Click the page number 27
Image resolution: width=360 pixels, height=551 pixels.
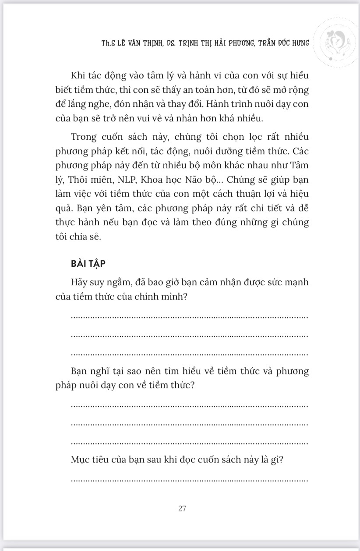(183, 509)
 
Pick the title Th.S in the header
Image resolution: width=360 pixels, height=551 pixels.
(108, 43)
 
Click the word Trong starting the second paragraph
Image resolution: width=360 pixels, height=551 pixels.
(84, 137)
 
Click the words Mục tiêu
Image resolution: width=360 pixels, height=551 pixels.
(91, 460)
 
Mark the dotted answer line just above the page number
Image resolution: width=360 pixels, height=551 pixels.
(189, 481)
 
